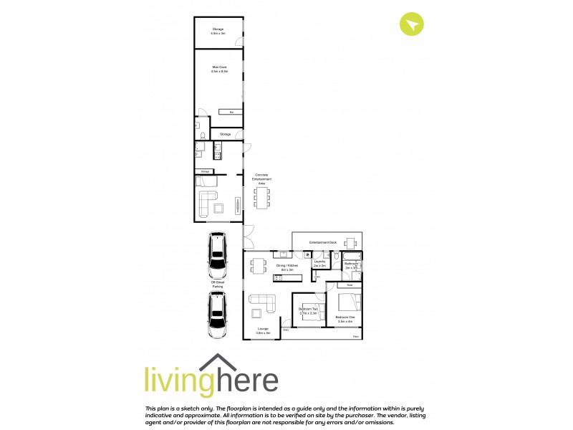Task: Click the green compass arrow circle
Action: (412, 24)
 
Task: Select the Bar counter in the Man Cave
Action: (231, 113)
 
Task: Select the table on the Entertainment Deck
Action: (350, 242)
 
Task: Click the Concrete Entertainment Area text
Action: (261, 179)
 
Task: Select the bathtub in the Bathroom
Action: (352, 256)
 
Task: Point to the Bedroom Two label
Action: (308, 310)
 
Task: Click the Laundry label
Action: (320, 263)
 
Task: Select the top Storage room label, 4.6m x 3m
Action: (218, 31)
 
